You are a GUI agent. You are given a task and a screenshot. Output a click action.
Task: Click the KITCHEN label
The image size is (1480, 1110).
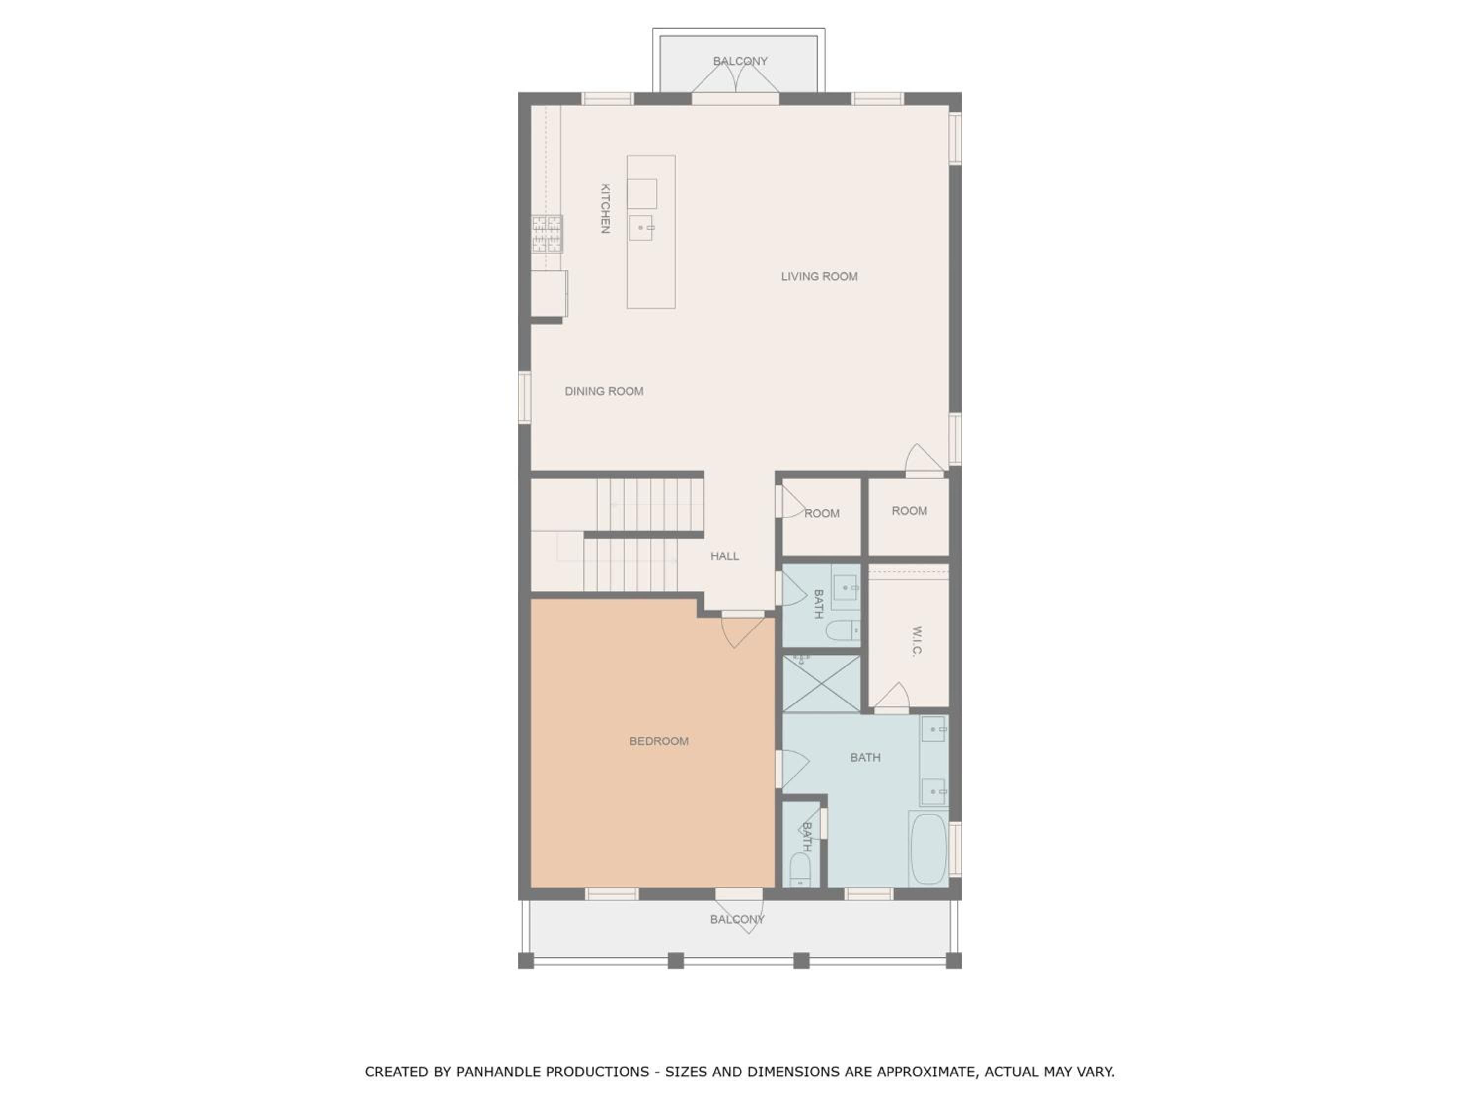coord(605,209)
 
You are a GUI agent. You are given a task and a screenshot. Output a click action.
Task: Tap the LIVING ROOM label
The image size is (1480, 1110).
coord(819,276)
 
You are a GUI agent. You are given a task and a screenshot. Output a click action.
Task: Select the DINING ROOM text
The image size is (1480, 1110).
coord(604,391)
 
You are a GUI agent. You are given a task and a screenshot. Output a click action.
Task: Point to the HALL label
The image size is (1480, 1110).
coord(725,556)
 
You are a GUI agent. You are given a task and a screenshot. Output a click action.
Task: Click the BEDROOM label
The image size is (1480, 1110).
coord(659,741)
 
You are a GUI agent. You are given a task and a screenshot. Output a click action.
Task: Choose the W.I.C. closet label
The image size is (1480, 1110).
coord(917,642)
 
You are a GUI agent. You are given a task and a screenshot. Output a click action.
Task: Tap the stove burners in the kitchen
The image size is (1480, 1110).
coord(547,233)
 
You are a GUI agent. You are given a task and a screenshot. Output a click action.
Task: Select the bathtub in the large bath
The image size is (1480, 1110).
coord(928,849)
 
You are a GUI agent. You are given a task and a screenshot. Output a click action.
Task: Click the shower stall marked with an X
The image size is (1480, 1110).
coord(821,684)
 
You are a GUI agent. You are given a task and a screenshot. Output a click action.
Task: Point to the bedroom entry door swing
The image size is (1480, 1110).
coord(742,631)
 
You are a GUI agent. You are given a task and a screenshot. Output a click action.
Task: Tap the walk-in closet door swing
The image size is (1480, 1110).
coord(892,697)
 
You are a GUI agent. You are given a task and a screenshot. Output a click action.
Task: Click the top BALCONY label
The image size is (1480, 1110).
coord(740,61)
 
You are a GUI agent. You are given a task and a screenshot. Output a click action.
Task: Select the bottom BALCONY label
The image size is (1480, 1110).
coord(738,919)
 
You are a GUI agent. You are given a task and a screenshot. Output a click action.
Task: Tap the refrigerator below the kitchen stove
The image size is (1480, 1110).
coord(549,293)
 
